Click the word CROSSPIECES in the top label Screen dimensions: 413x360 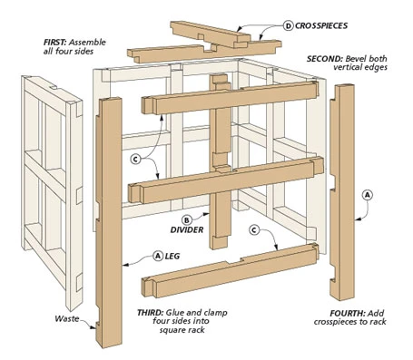tap(321, 25)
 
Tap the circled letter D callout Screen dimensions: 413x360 tap(289, 25)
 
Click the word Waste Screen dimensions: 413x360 tap(67, 318)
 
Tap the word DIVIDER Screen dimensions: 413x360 tap(187, 229)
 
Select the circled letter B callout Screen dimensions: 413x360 tap(187, 219)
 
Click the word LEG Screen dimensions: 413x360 tap(172, 256)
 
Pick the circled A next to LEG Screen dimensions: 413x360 tap(157, 256)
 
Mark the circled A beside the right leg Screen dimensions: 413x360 tap(368, 195)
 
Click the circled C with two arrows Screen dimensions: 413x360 tap(136, 159)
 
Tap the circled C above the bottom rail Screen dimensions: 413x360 tap(254, 230)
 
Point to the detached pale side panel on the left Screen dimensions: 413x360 tap(52, 190)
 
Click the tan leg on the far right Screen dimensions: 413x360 tap(342, 192)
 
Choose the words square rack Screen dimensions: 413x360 tap(182, 330)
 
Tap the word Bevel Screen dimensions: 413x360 tap(355, 59)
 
